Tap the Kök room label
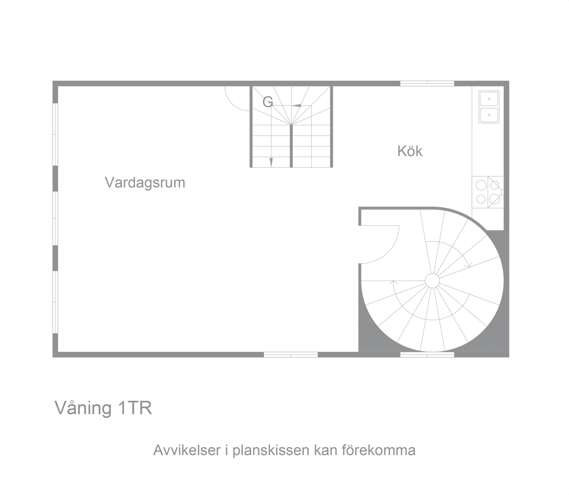point(410,151)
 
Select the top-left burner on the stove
point(481,185)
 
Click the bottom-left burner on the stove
point(481,199)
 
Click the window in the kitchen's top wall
point(427,83)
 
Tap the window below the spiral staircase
point(427,355)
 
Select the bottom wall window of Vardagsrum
point(291,355)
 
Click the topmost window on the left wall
point(55,134)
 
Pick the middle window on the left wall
point(55,218)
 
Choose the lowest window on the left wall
point(55,302)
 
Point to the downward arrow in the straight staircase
point(271,162)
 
